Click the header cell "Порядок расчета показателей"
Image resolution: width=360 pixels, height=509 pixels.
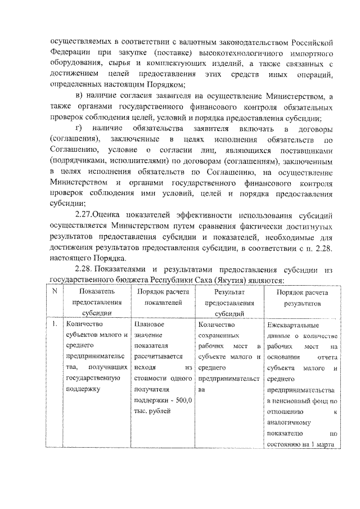(x=163, y=298)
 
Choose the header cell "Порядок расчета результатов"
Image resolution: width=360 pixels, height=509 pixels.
(x=301, y=298)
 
